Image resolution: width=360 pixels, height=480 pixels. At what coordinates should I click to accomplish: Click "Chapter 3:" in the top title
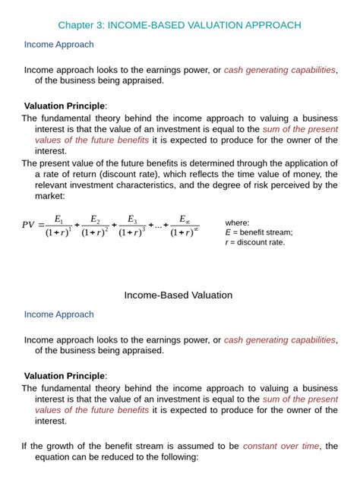coord(81,26)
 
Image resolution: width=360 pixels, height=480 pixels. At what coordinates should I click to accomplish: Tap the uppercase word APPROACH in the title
coord(268,26)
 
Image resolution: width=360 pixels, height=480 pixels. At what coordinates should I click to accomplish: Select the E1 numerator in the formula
coord(58,219)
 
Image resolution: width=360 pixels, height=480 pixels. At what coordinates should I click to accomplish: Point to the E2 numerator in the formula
coord(96,219)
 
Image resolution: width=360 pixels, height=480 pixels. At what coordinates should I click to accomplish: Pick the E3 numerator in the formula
coord(133,219)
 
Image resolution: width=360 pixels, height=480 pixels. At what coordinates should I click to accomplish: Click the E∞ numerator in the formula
coord(185,219)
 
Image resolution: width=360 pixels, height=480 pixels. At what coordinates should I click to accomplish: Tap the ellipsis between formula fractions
coord(157,225)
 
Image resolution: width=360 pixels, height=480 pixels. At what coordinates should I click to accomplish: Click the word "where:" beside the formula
coord(238,223)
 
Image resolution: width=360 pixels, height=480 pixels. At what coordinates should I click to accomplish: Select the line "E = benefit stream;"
coord(259,232)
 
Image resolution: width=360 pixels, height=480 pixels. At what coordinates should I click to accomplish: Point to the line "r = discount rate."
coord(255,242)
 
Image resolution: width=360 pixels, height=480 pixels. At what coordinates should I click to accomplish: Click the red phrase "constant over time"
coord(283,446)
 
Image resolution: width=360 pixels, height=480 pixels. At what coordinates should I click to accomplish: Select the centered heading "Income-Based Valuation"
coord(178,295)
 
